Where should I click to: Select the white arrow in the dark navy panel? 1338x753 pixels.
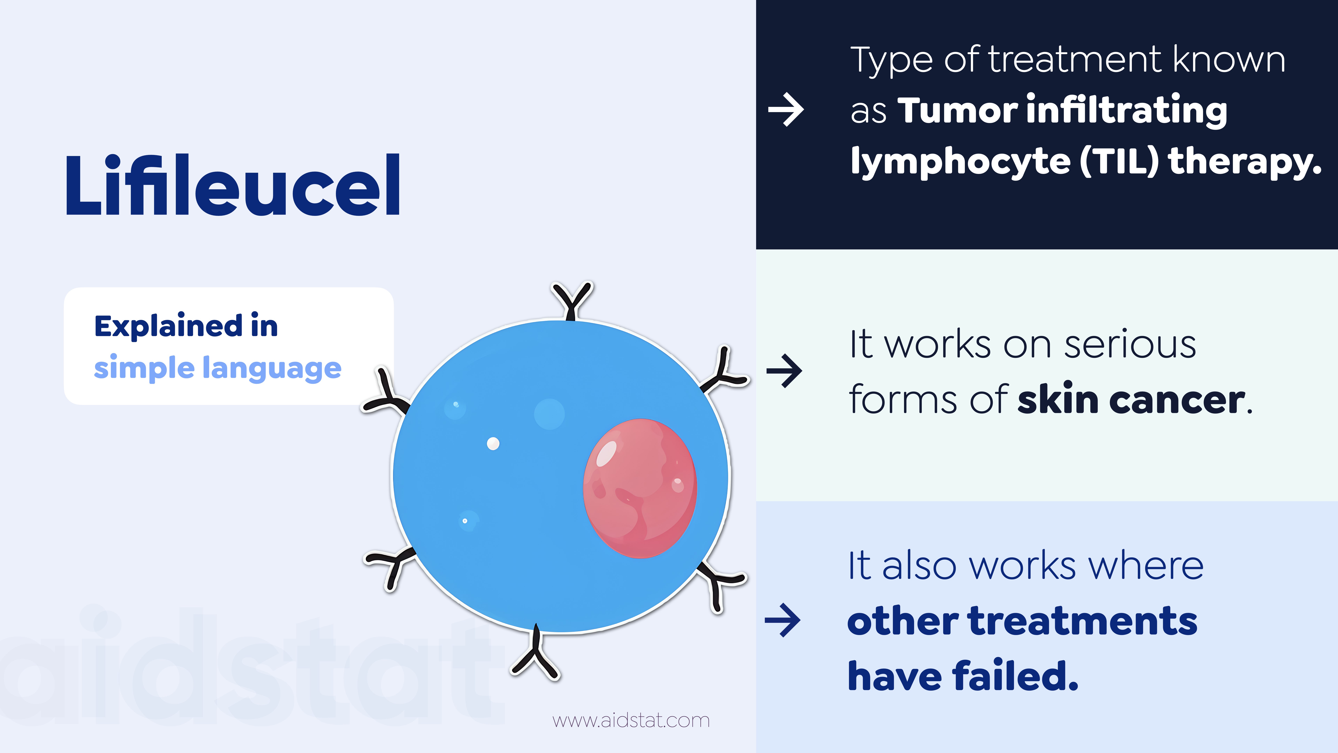(786, 110)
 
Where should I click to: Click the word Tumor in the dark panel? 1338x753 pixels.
(957, 111)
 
